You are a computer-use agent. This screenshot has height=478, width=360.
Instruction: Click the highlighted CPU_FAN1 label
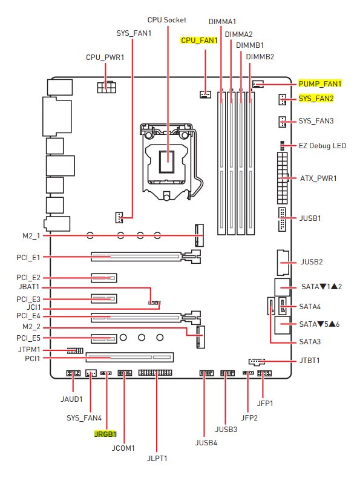199,41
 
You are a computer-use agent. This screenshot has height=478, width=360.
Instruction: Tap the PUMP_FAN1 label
320,84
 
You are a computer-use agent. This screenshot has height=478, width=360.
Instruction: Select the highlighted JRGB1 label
105,434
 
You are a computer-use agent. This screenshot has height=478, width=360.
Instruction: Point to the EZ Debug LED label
322,146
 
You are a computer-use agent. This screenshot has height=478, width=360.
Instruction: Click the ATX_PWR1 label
318,178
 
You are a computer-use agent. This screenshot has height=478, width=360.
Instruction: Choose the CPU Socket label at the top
167,20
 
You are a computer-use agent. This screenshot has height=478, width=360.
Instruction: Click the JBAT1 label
29,287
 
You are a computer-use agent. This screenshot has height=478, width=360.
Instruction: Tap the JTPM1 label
29,350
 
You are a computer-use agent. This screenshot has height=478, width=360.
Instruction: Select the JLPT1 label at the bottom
157,459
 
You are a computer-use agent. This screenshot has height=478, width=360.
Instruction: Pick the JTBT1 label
309,361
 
